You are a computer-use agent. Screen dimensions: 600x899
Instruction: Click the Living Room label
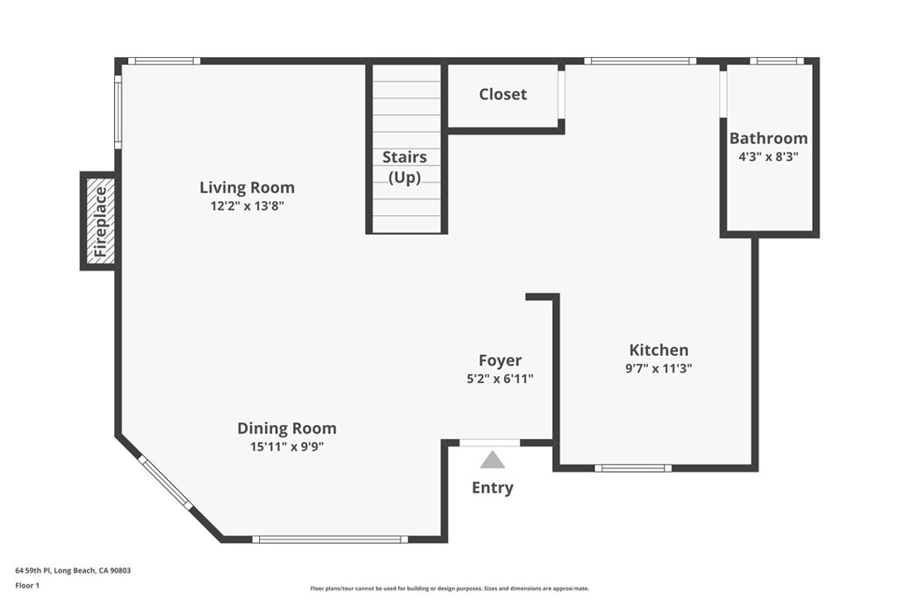[x=247, y=187]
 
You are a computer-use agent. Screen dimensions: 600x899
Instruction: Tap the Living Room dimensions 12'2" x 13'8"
[x=247, y=206]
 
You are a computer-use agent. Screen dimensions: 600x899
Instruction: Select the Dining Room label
[x=286, y=429]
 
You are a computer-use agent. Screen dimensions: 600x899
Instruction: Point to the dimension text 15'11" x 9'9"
[x=286, y=446]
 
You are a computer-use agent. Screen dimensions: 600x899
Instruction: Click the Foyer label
[x=500, y=360]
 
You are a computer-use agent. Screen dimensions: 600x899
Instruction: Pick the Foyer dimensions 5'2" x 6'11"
[x=500, y=379]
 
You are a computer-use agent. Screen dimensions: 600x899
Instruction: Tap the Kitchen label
[x=658, y=350]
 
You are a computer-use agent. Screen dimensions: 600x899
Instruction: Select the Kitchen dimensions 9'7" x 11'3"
[x=658, y=369]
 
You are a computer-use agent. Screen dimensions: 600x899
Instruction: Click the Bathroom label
[x=768, y=138]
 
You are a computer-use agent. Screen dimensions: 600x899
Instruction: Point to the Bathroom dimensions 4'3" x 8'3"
[x=768, y=156]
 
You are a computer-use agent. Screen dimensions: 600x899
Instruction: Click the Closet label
[x=503, y=94]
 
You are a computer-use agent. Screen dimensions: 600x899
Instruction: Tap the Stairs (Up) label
[x=405, y=167]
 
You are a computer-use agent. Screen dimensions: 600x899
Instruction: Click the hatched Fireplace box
[x=99, y=220]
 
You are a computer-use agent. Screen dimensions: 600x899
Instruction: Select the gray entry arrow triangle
[x=493, y=459]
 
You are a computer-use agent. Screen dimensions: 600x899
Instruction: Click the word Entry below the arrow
[x=493, y=488]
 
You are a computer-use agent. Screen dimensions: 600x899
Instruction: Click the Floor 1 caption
[x=29, y=584]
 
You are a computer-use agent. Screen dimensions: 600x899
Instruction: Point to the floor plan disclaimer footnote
[x=449, y=589]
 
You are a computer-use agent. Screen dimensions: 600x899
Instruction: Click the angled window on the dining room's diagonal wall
[x=165, y=482]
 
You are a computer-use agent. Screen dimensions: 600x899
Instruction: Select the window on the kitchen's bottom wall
[x=633, y=468]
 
